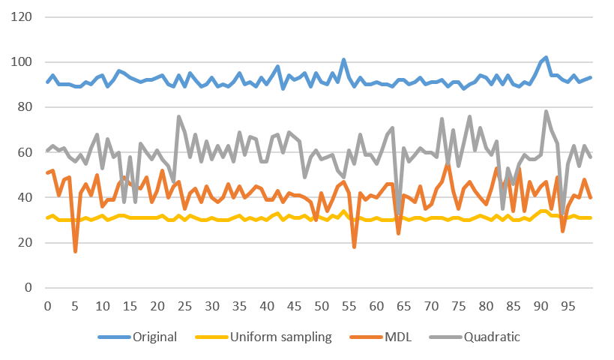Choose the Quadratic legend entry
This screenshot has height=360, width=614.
tap(492, 337)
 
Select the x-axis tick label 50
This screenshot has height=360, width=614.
tap(322, 306)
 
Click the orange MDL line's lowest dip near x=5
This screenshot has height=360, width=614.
tap(75, 252)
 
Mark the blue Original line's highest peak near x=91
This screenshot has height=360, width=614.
tap(546, 57)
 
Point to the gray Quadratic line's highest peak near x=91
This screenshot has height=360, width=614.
tap(546, 111)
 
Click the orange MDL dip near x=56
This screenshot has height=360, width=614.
tap(354, 247)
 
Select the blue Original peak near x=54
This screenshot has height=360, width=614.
tap(343, 59)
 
